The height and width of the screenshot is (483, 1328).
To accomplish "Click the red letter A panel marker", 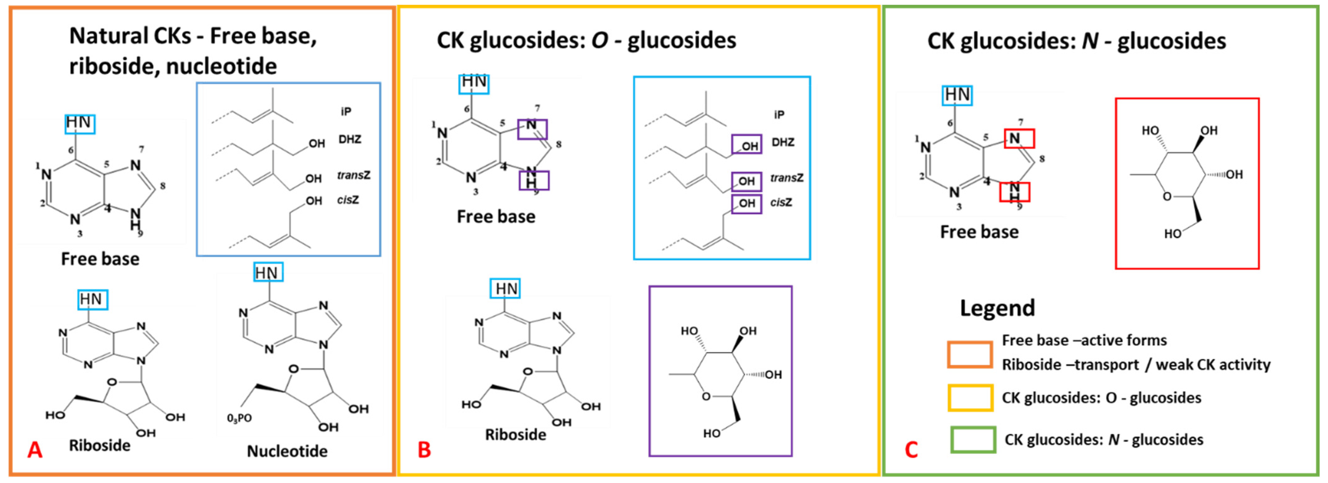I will (35, 450).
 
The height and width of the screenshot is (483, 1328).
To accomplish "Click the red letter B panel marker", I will (424, 450).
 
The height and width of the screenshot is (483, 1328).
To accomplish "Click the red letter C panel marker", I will (911, 450).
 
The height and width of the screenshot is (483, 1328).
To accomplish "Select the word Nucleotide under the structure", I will (287, 451).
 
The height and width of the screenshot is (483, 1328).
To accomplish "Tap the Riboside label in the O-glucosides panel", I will (516, 435).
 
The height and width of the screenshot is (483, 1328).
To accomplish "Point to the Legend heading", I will (997, 308).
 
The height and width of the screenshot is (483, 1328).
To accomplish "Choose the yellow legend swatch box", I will (970, 398).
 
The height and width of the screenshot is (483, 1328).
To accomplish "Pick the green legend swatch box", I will (973, 440).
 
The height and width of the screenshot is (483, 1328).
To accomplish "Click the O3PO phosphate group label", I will (239, 418).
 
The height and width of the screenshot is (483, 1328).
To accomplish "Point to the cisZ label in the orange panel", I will (348, 200).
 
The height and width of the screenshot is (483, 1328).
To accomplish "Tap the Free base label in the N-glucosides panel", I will (979, 232).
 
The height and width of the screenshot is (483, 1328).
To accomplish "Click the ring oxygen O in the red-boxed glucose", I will (1167, 196).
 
